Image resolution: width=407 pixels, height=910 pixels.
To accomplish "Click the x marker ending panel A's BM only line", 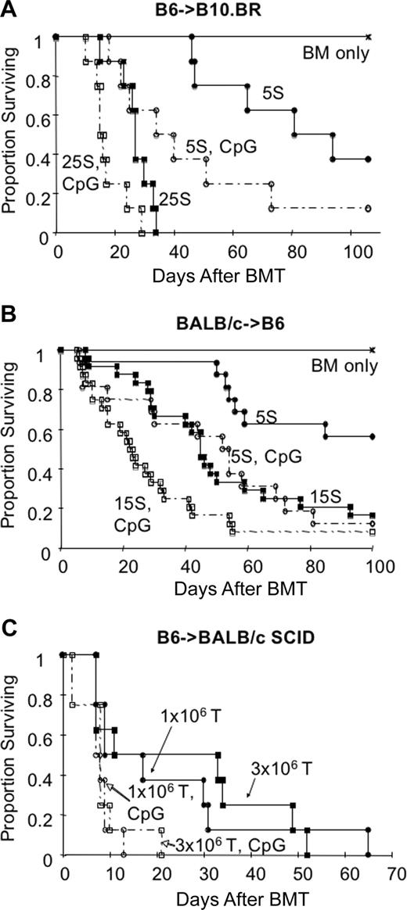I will coord(368,36).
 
